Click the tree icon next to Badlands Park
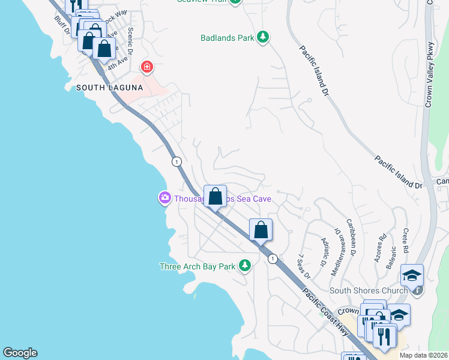point(262,38)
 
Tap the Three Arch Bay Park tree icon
point(244,265)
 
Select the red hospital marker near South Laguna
point(145,67)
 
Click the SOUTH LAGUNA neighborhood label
point(109,88)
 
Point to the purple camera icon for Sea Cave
point(164,197)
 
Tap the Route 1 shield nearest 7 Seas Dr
point(273,259)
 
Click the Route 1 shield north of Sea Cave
point(176,161)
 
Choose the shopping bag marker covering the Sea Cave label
point(215,196)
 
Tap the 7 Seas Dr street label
point(304,266)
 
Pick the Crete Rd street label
point(406,240)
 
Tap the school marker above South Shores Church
point(412,275)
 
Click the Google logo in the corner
point(20,353)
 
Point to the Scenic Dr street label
point(130,40)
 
